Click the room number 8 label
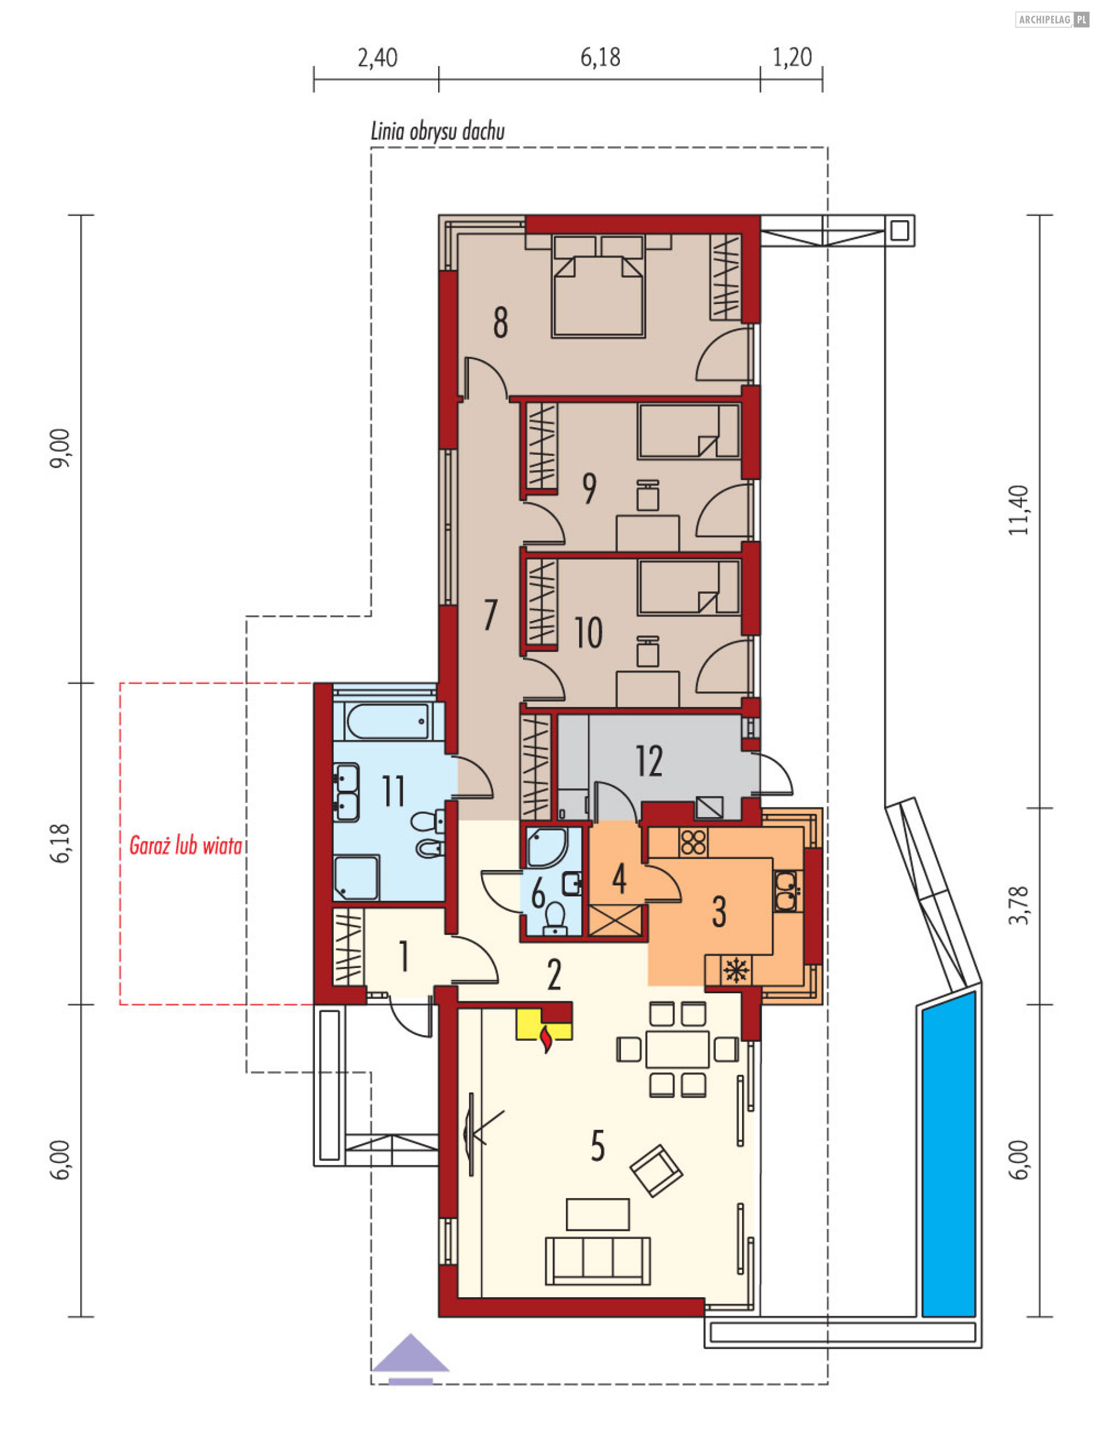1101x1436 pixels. pyautogui.click(x=501, y=323)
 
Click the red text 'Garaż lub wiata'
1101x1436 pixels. pyautogui.click(x=185, y=846)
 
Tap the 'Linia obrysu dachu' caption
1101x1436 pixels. pyautogui.click(x=438, y=132)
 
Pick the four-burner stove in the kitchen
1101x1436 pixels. pyautogui.click(x=694, y=842)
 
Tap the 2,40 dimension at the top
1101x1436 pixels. pyautogui.click(x=377, y=58)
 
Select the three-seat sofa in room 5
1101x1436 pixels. pyautogui.click(x=598, y=1261)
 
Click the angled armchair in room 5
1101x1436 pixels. pyautogui.click(x=656, y=1171)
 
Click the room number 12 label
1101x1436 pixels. pyautogui.click(x=649, y=761)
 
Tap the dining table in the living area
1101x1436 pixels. pyautogui.click(x=677, y=1049)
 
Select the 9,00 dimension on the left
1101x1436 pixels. pyautogui.click(x=60, y=449)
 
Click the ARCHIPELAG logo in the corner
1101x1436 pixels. pyautogui.click(x=1052, y=19)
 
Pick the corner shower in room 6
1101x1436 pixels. pyautogui.click(x=548, y=848)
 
